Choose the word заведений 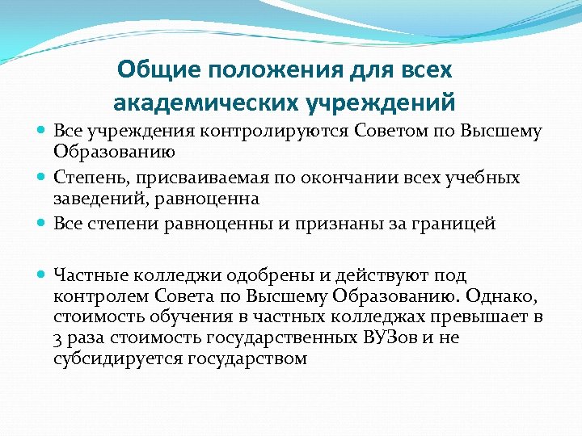(97, 199)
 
